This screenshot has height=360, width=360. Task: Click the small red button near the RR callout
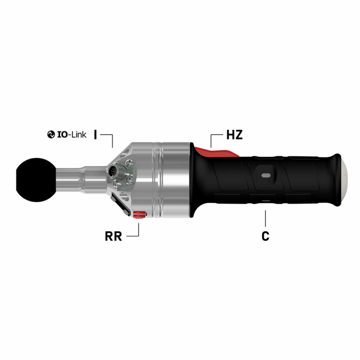139,215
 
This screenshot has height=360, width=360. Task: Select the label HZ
234,135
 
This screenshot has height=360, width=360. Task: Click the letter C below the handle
265,236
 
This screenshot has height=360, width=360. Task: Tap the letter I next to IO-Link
95,134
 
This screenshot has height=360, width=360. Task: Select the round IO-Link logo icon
50,134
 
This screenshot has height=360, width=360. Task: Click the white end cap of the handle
344,178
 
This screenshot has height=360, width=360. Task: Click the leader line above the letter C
265,218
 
